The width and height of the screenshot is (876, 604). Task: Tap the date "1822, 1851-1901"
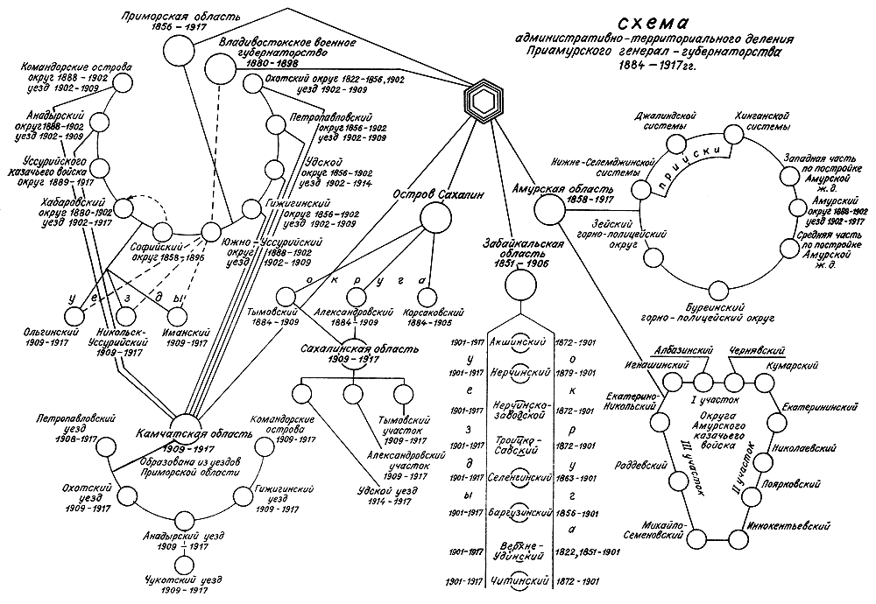pyautogui.click(x=586, y=551)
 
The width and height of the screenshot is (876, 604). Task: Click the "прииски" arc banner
pyautogui.click(x=691, y=162)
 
